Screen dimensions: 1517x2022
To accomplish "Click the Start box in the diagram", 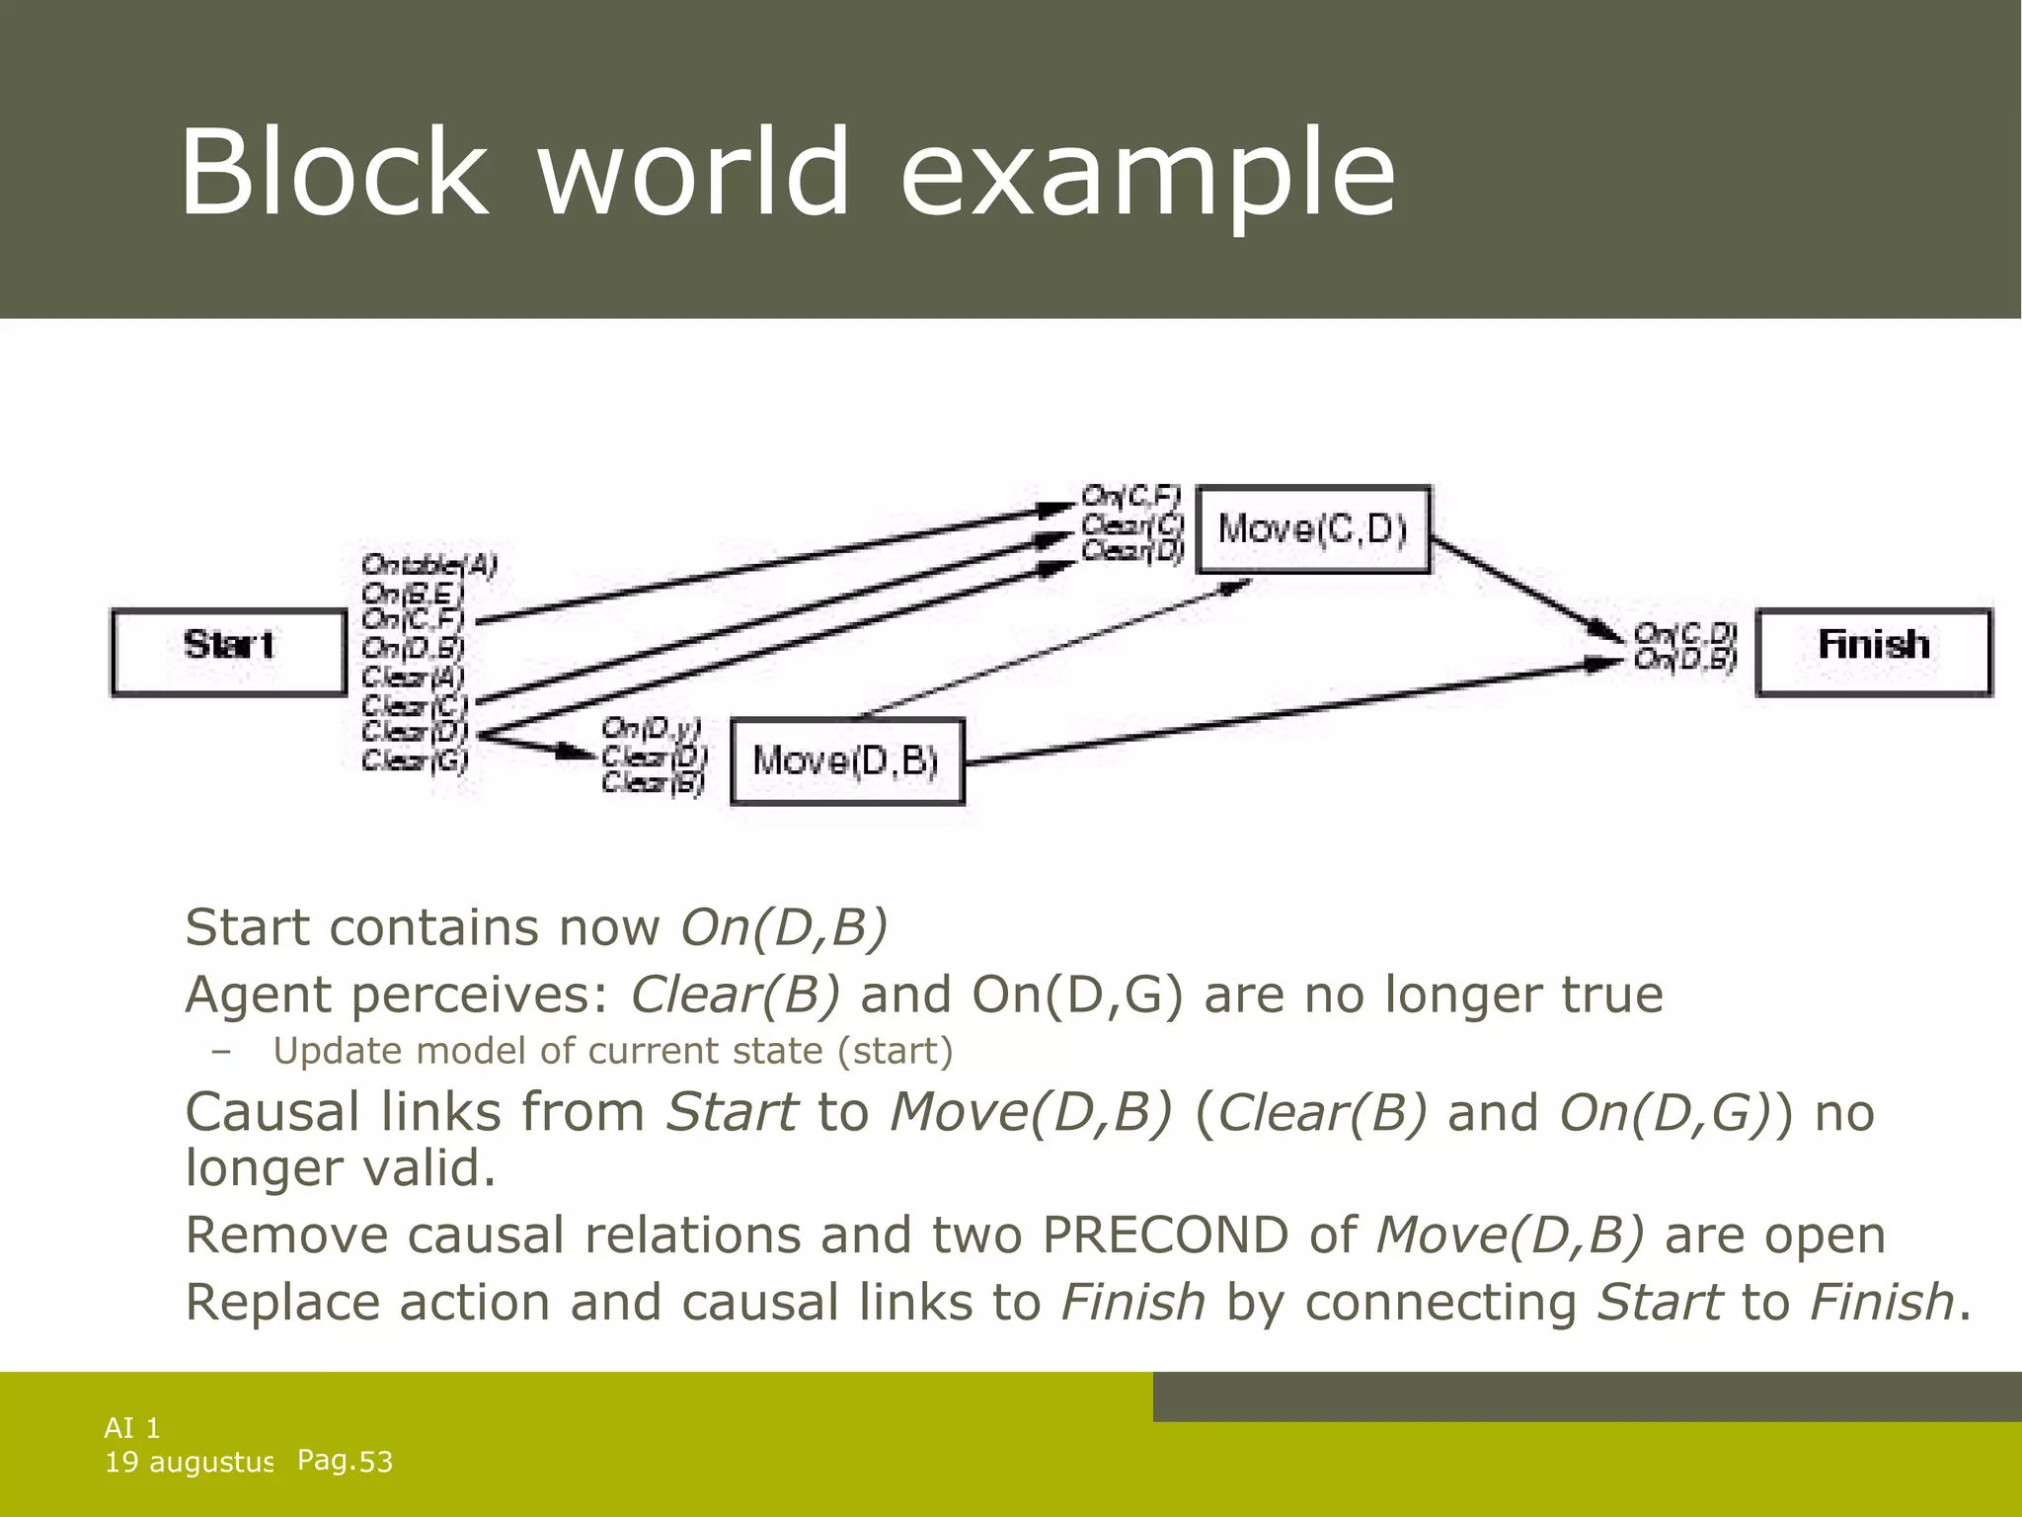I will (x=228, y=652).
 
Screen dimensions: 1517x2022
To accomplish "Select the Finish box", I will (x=1873, y=652).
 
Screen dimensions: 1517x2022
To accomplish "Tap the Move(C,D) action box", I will (x=1312, y=529).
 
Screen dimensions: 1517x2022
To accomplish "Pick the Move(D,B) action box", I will (x=846, y=760).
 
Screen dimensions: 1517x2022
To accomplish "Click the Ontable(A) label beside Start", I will (x=429, y=565).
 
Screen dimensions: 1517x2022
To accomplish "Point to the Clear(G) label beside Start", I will (x=415, y=760).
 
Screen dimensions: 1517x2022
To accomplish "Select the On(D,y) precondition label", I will (x=651, y=729).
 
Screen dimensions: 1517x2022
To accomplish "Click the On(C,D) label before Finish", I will (x=1684, y=632).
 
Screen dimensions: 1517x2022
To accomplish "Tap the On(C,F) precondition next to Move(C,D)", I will (x=1130, y=495).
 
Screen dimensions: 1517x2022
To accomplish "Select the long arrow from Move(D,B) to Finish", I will (x=1283, y=713).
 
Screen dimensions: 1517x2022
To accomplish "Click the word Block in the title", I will (x=334, y=173).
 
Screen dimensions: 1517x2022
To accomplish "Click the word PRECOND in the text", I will (x=1165, y=1236).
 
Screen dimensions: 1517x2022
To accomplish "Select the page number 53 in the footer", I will (x=375, y=1462).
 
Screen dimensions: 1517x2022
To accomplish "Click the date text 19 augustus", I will (x=189, y=1462).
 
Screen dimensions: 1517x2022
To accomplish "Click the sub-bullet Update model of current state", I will (x=612, y=1051).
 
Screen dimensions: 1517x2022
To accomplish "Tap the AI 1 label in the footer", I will (x=132, y=1427).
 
